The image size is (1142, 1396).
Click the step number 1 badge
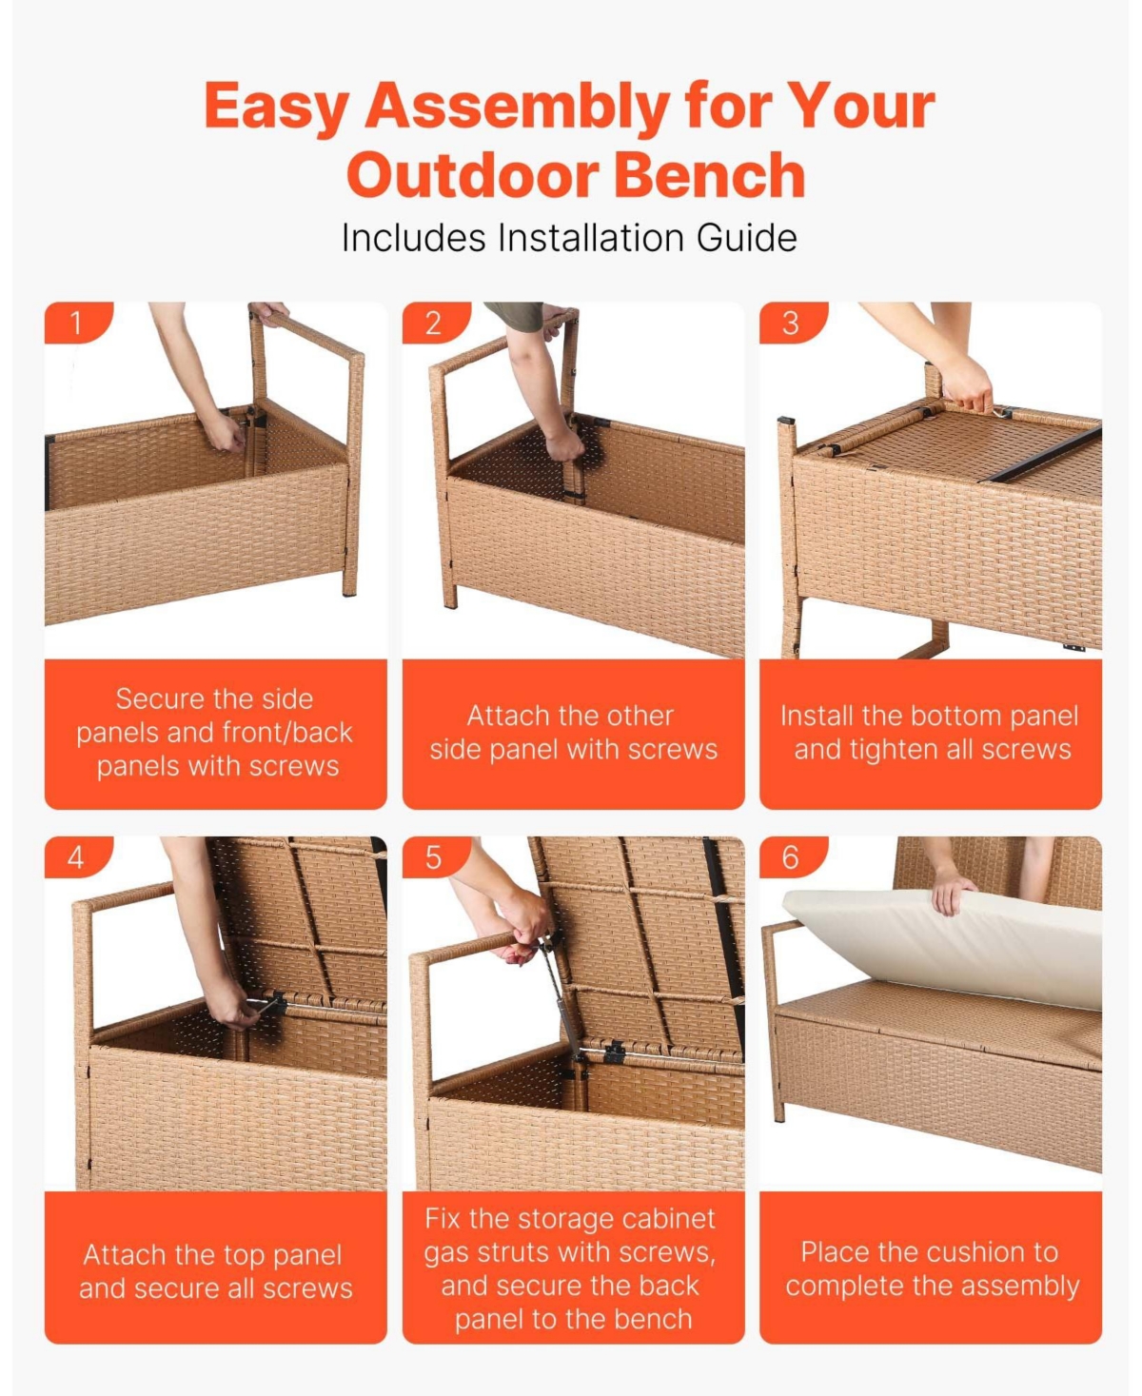click(75, 324)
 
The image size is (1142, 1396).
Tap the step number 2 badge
click(433, 324)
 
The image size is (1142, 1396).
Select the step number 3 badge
click(790, 324)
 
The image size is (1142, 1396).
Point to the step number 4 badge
click(75, 857)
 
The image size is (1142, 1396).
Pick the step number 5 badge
click(433, 857)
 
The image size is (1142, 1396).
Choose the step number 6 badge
click(790, 857)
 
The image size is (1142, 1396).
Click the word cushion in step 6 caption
click(965, 1251)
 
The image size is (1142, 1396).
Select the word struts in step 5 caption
click(519, 1252)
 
